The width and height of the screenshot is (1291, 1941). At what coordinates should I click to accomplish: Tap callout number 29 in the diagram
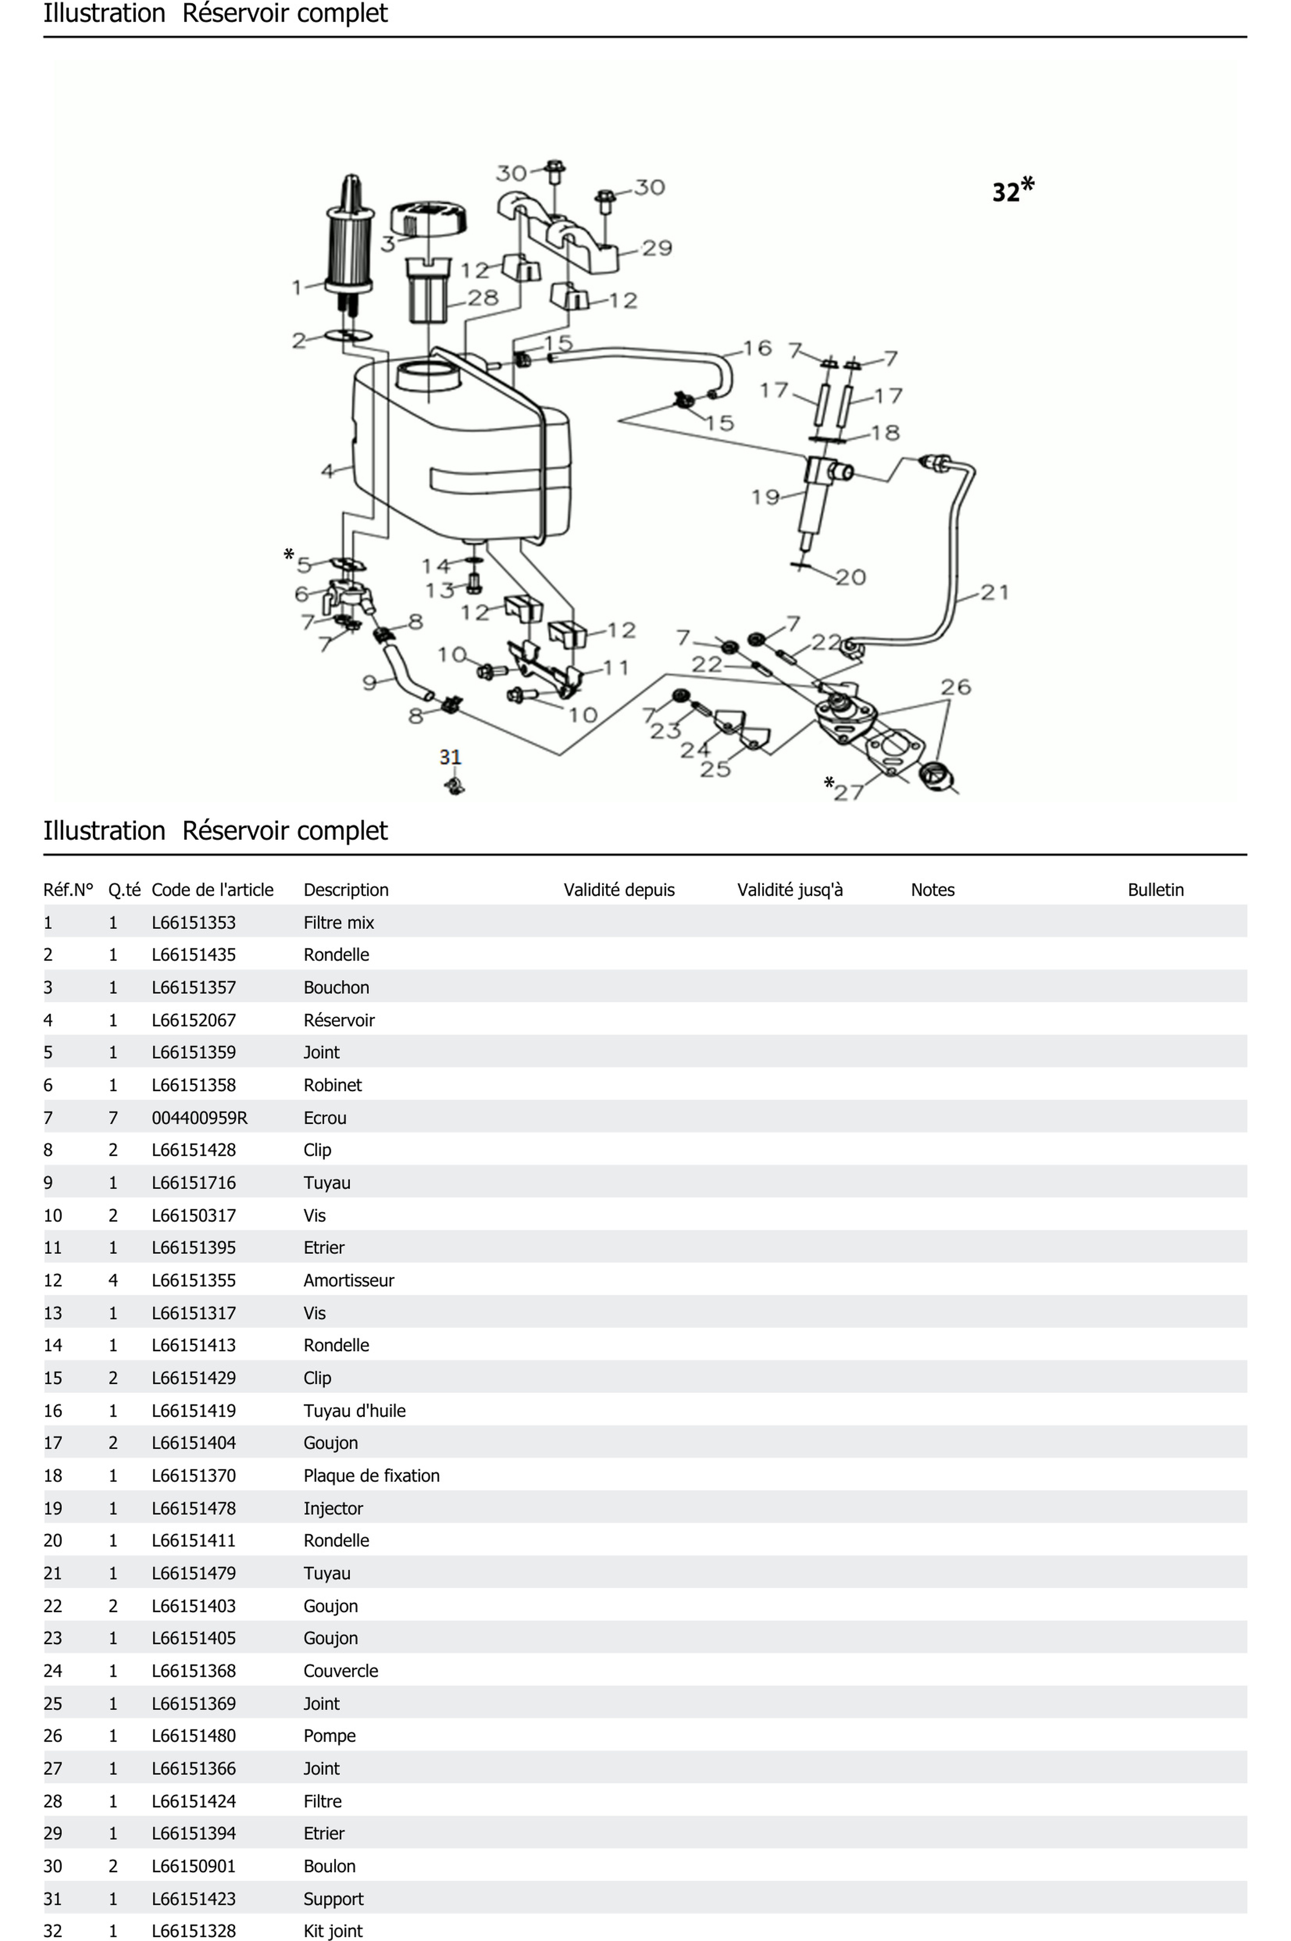(x=657, y=248)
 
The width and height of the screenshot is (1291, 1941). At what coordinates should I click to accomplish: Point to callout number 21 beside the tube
(x=995, y=592)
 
